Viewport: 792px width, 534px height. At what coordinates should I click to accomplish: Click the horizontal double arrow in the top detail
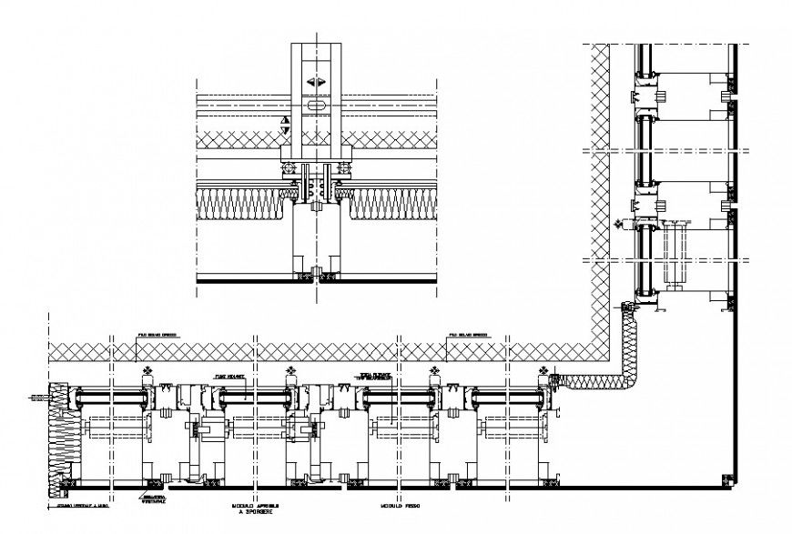(x=316, y=83)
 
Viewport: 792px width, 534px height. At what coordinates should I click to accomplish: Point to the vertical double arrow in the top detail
(x=286, y=126)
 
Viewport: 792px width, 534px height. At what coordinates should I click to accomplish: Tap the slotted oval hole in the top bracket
(x=316, y=106)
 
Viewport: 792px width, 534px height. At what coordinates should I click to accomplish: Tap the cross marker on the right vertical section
(x=618, y=222)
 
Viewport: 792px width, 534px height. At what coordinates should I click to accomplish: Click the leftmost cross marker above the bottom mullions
(x=147, y=371)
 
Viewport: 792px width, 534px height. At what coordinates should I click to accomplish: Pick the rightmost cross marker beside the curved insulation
(x=545, y=371)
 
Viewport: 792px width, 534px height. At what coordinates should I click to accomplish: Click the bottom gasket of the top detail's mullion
(x=316, y=275)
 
